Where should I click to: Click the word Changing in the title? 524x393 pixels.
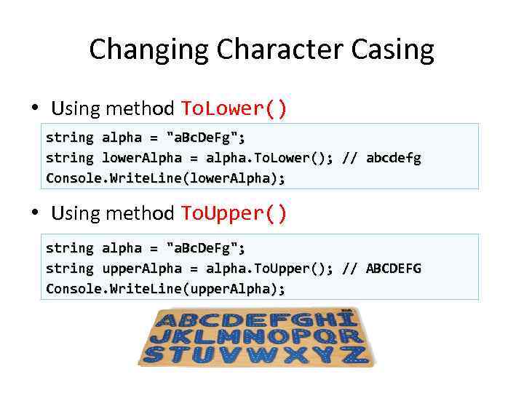pos(150,50)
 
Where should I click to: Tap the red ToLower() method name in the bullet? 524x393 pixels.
pos(234,109)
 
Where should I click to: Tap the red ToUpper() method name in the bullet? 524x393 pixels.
pos(234,214)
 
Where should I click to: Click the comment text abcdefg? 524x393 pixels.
pos(393,158)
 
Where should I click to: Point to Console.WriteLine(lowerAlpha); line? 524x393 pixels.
pos(165,178)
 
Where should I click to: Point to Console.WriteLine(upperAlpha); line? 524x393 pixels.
pos(165,289)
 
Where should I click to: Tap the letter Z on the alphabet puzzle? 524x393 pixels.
pos(355,355)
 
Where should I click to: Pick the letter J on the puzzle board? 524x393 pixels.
pos(160,338)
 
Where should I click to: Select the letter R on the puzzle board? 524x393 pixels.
pos(352,337)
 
